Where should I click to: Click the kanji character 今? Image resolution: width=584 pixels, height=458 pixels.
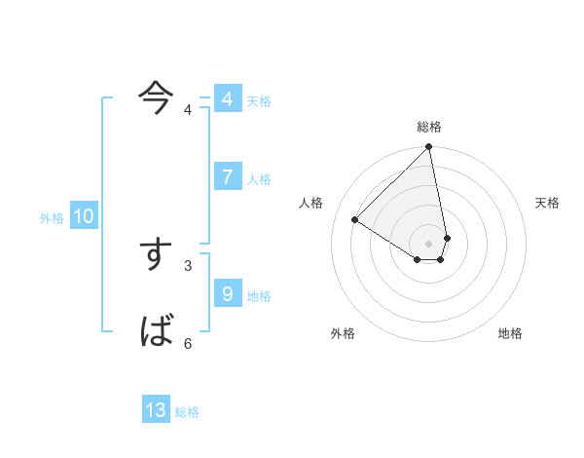[156, 95]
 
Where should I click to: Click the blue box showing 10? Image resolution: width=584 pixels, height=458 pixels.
[84, 216]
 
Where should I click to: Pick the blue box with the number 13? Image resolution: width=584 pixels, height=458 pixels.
[156, 410]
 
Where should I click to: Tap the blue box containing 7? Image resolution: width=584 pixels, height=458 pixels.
[227, 176]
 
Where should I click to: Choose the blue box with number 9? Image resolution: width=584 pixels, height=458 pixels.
[227, 293]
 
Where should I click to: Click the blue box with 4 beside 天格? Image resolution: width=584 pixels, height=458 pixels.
[227, 99]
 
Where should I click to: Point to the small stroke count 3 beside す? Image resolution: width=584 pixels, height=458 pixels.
[188, 265]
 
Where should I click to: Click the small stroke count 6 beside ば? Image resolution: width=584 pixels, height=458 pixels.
[188, 343]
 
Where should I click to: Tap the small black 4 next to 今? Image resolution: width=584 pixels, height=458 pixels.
[188, 109]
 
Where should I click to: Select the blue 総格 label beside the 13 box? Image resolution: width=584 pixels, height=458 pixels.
[187, 412]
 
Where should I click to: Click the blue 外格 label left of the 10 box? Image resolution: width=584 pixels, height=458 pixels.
[52, 218]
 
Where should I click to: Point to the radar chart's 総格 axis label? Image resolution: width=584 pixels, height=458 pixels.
[429, 127]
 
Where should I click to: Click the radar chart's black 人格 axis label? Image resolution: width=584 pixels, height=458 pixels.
[311, 203]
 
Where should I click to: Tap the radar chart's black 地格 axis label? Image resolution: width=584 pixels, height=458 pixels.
[510, 333]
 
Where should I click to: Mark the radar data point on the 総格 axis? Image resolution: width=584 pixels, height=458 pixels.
[429, 147]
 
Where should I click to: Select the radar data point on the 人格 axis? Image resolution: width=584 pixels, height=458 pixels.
[355, 220]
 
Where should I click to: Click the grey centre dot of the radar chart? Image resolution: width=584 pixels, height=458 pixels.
[429, 243]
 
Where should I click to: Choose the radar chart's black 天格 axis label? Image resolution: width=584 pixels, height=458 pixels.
[547, 203]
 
